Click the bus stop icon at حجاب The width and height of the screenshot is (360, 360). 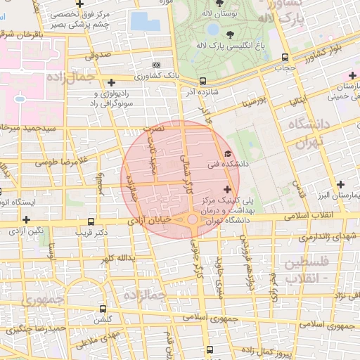[284, 58]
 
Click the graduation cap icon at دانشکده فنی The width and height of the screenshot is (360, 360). [226, 154]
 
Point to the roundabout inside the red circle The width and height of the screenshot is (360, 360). [191, 220]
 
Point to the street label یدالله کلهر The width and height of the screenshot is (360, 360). [116, 259]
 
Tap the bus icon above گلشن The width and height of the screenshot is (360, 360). [103, 309]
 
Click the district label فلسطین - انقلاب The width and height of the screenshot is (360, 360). [304, 271]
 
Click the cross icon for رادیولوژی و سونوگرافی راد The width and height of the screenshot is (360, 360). [112, 83]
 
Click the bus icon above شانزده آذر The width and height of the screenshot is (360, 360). [202, 81]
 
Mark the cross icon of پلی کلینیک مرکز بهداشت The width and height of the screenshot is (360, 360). [226, 189]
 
